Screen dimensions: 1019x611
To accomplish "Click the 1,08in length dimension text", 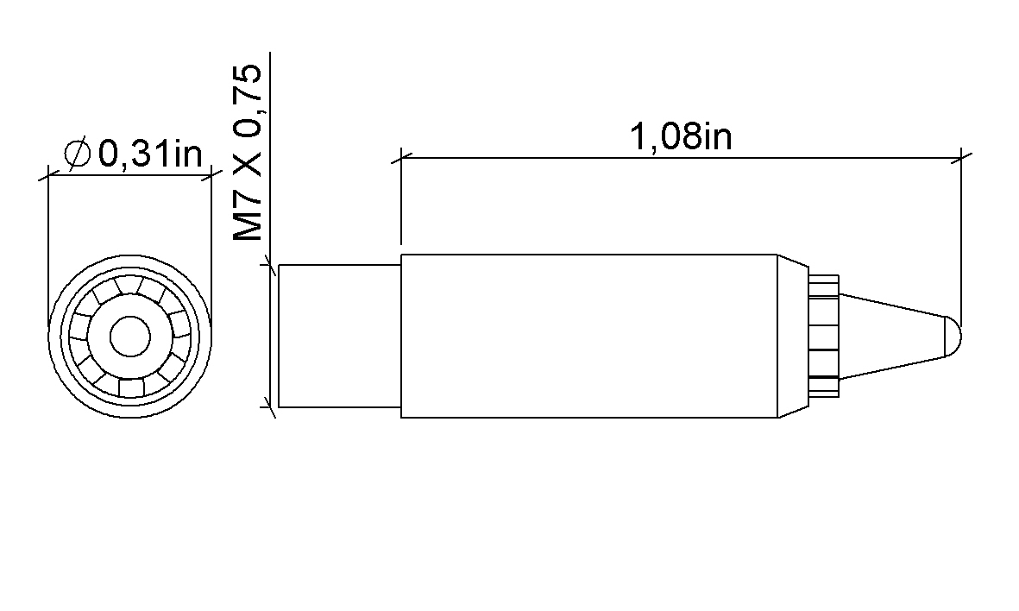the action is (x=681, y=137).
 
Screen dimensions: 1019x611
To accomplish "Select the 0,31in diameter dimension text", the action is (x=150, y=154).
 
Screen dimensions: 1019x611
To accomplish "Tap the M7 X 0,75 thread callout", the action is (x=248, y=153).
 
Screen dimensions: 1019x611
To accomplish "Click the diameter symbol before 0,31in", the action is (x=78, y=154).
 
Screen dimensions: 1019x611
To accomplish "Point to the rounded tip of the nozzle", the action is (x=953, y=336).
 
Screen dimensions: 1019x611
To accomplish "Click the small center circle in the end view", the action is (x=130, y=337).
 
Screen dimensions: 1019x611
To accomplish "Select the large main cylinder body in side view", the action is (x=589, y=336).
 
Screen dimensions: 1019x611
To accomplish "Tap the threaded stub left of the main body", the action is (x=339, y=336).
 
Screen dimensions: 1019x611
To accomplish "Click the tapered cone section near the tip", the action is (x=891, y=336).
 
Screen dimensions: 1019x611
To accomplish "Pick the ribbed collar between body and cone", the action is (x=823, y=336).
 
